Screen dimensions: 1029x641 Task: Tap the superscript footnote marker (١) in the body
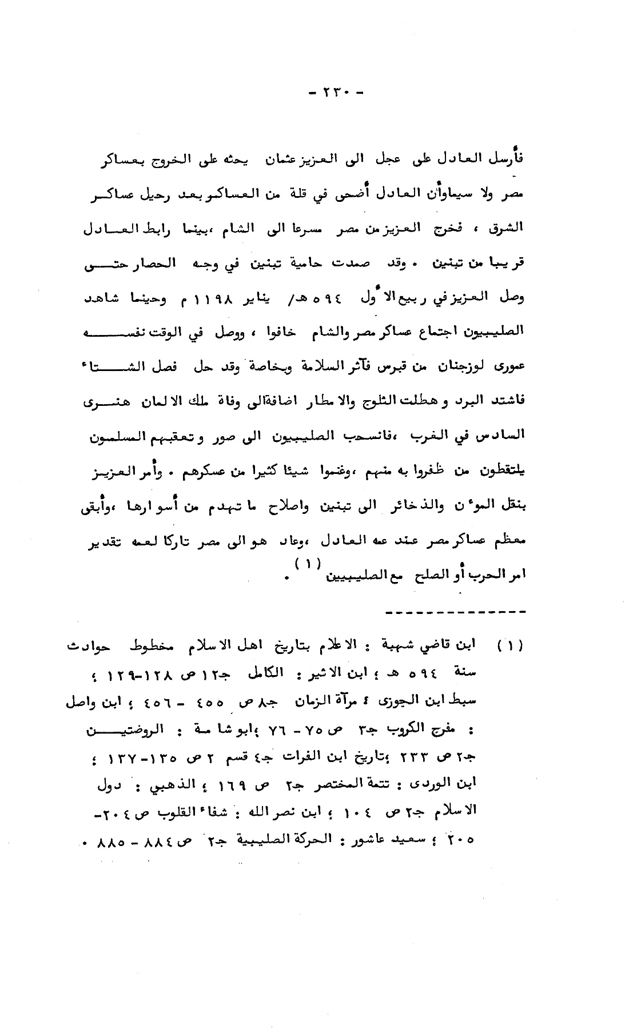pos(305,563)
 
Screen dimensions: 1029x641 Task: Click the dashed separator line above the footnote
pos(455,612)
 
